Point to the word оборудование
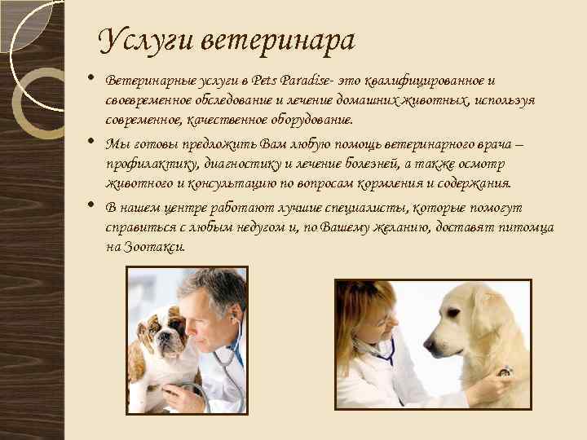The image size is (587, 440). click(x=307, y=120)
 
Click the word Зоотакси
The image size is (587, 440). click(x=154, y=246)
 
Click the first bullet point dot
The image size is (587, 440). click(x=91, y=79)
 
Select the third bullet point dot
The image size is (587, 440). click(x=91, y=206)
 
